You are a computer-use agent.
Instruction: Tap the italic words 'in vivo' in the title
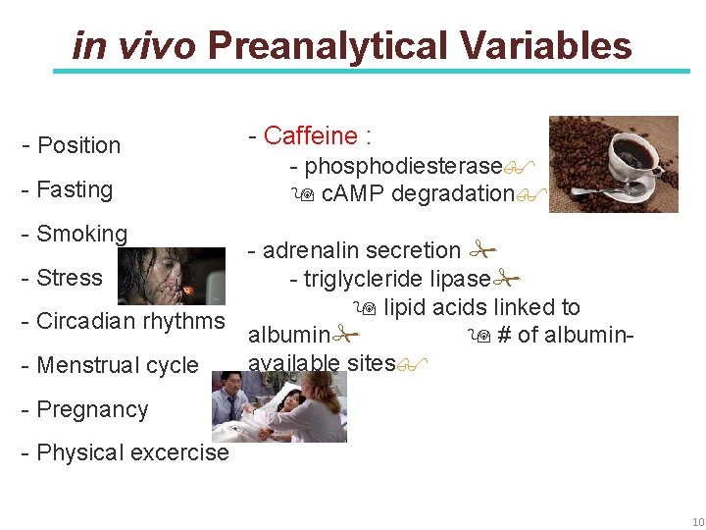tap(134, 46)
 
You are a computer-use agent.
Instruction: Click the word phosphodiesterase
tap(403, 166)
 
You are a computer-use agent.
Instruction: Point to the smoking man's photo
tap(171, 276)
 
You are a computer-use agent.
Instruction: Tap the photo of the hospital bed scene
tap(279, 405)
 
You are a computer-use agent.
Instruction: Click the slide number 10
tap(697, 520)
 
